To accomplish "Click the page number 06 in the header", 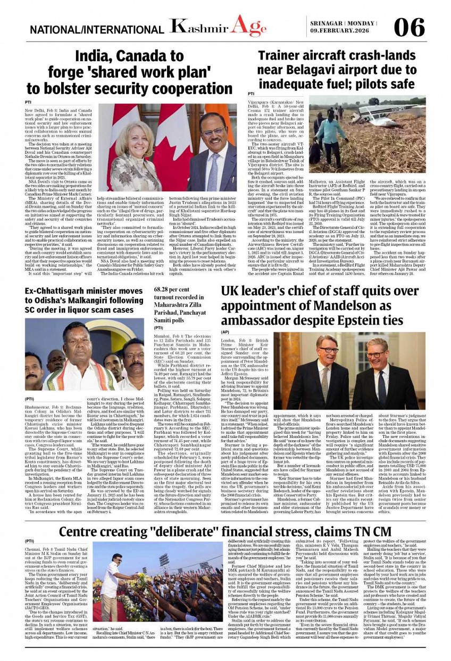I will point(410,27).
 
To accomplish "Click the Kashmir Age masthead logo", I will point(218,26).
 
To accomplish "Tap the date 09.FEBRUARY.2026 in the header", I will point(342,31).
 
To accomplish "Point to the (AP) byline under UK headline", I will point(225,332).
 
